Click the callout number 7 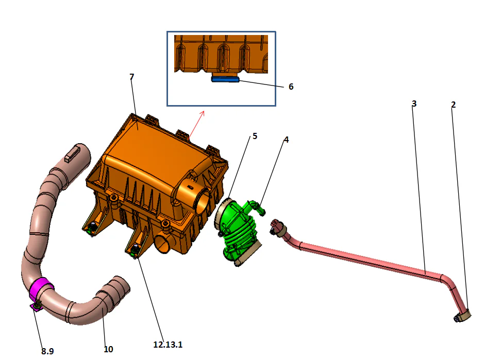click(132, 77)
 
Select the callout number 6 click(291, 87)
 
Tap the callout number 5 click(255, 136)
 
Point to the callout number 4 click(287, 140)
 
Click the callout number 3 click(414, 104)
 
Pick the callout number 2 click(453, 105)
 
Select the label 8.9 click(47, 351)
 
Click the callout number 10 click(108, 349)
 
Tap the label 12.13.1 click(168, 345)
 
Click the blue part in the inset click(226, 79)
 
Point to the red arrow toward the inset click(196, 124)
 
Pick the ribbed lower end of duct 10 click(114, 290)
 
